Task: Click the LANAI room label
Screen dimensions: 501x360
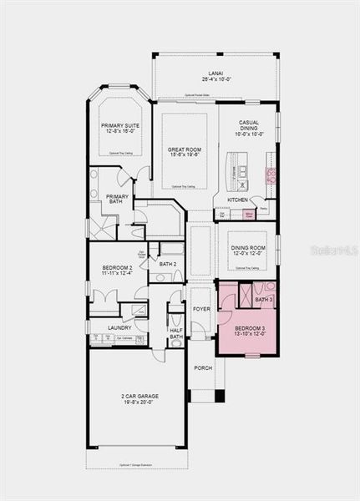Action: (x=215, y=73)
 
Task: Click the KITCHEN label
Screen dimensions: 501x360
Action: (x=238, y=200)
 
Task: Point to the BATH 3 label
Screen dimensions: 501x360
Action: (x=264, y=299)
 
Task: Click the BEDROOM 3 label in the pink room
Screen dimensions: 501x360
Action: (x=250, y=329)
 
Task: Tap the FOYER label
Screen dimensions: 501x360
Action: (x=202, y=309)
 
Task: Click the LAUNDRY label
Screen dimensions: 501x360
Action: (x=119, y=327)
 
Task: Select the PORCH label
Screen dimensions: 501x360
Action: (x=203, y=367)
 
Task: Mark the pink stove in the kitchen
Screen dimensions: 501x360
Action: (x=271, y=175)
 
